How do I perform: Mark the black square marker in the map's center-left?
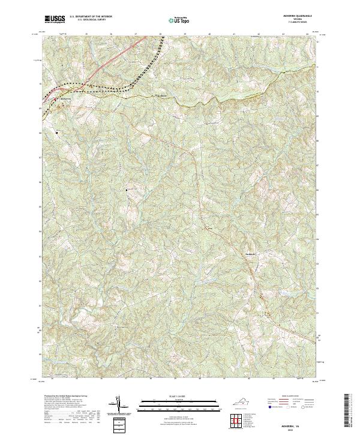tap(127, 190)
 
